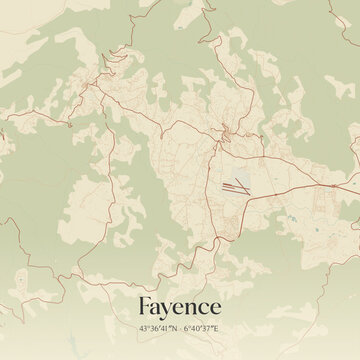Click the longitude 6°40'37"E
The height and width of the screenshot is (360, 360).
click(x=204, y=328)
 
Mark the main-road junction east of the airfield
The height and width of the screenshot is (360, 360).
click(x=331, y=185)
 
